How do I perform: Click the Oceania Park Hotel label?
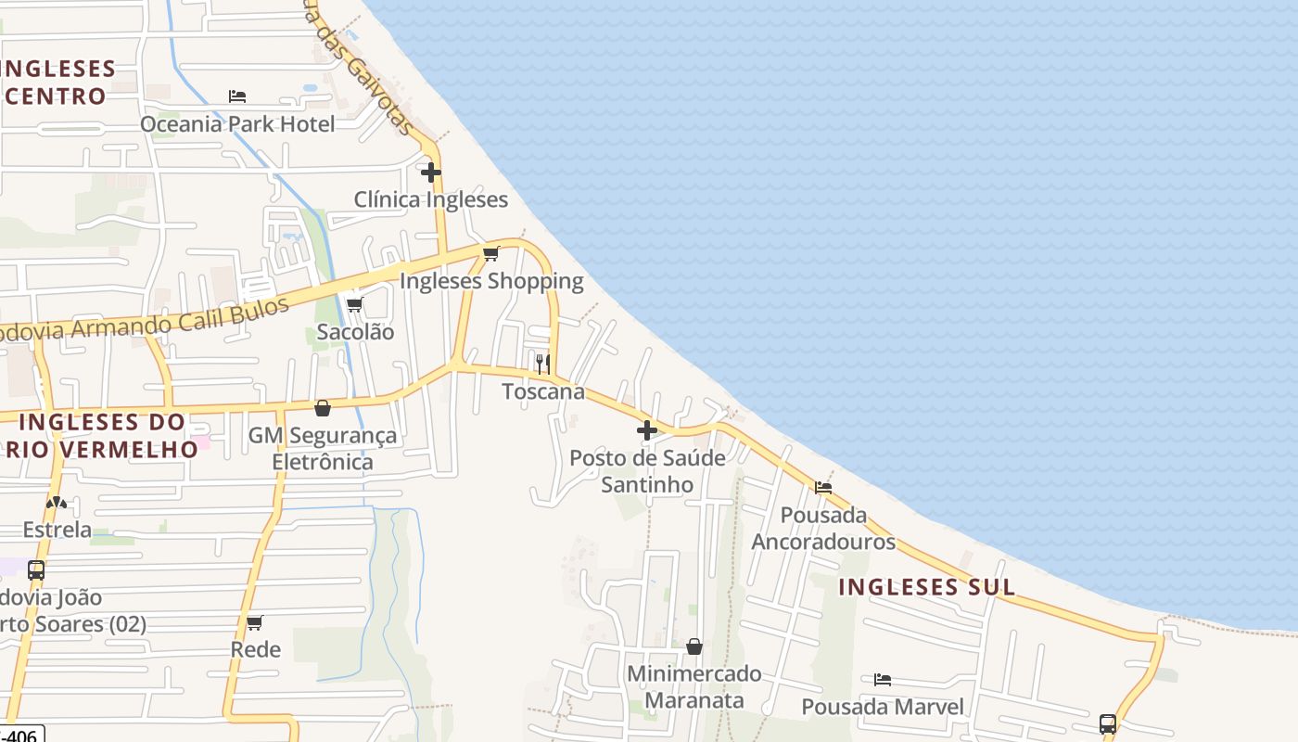237,123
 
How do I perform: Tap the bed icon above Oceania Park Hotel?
237,96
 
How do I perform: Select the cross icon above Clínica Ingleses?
431,172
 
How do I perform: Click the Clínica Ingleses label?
431,199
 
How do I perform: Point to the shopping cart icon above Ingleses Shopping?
491,253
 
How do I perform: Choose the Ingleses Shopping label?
491,281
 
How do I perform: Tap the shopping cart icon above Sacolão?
354,304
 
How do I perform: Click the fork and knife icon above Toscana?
543,364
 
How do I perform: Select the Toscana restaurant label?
543,391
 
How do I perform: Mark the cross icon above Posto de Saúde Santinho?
647,430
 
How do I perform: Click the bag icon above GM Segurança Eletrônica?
323,408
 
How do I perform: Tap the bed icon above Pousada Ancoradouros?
823,487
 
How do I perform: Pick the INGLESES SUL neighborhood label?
927,587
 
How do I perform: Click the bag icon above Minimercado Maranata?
694,646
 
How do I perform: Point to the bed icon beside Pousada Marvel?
883,680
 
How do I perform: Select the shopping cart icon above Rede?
255,622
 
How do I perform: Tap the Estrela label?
57,531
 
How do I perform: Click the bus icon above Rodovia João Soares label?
36,570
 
